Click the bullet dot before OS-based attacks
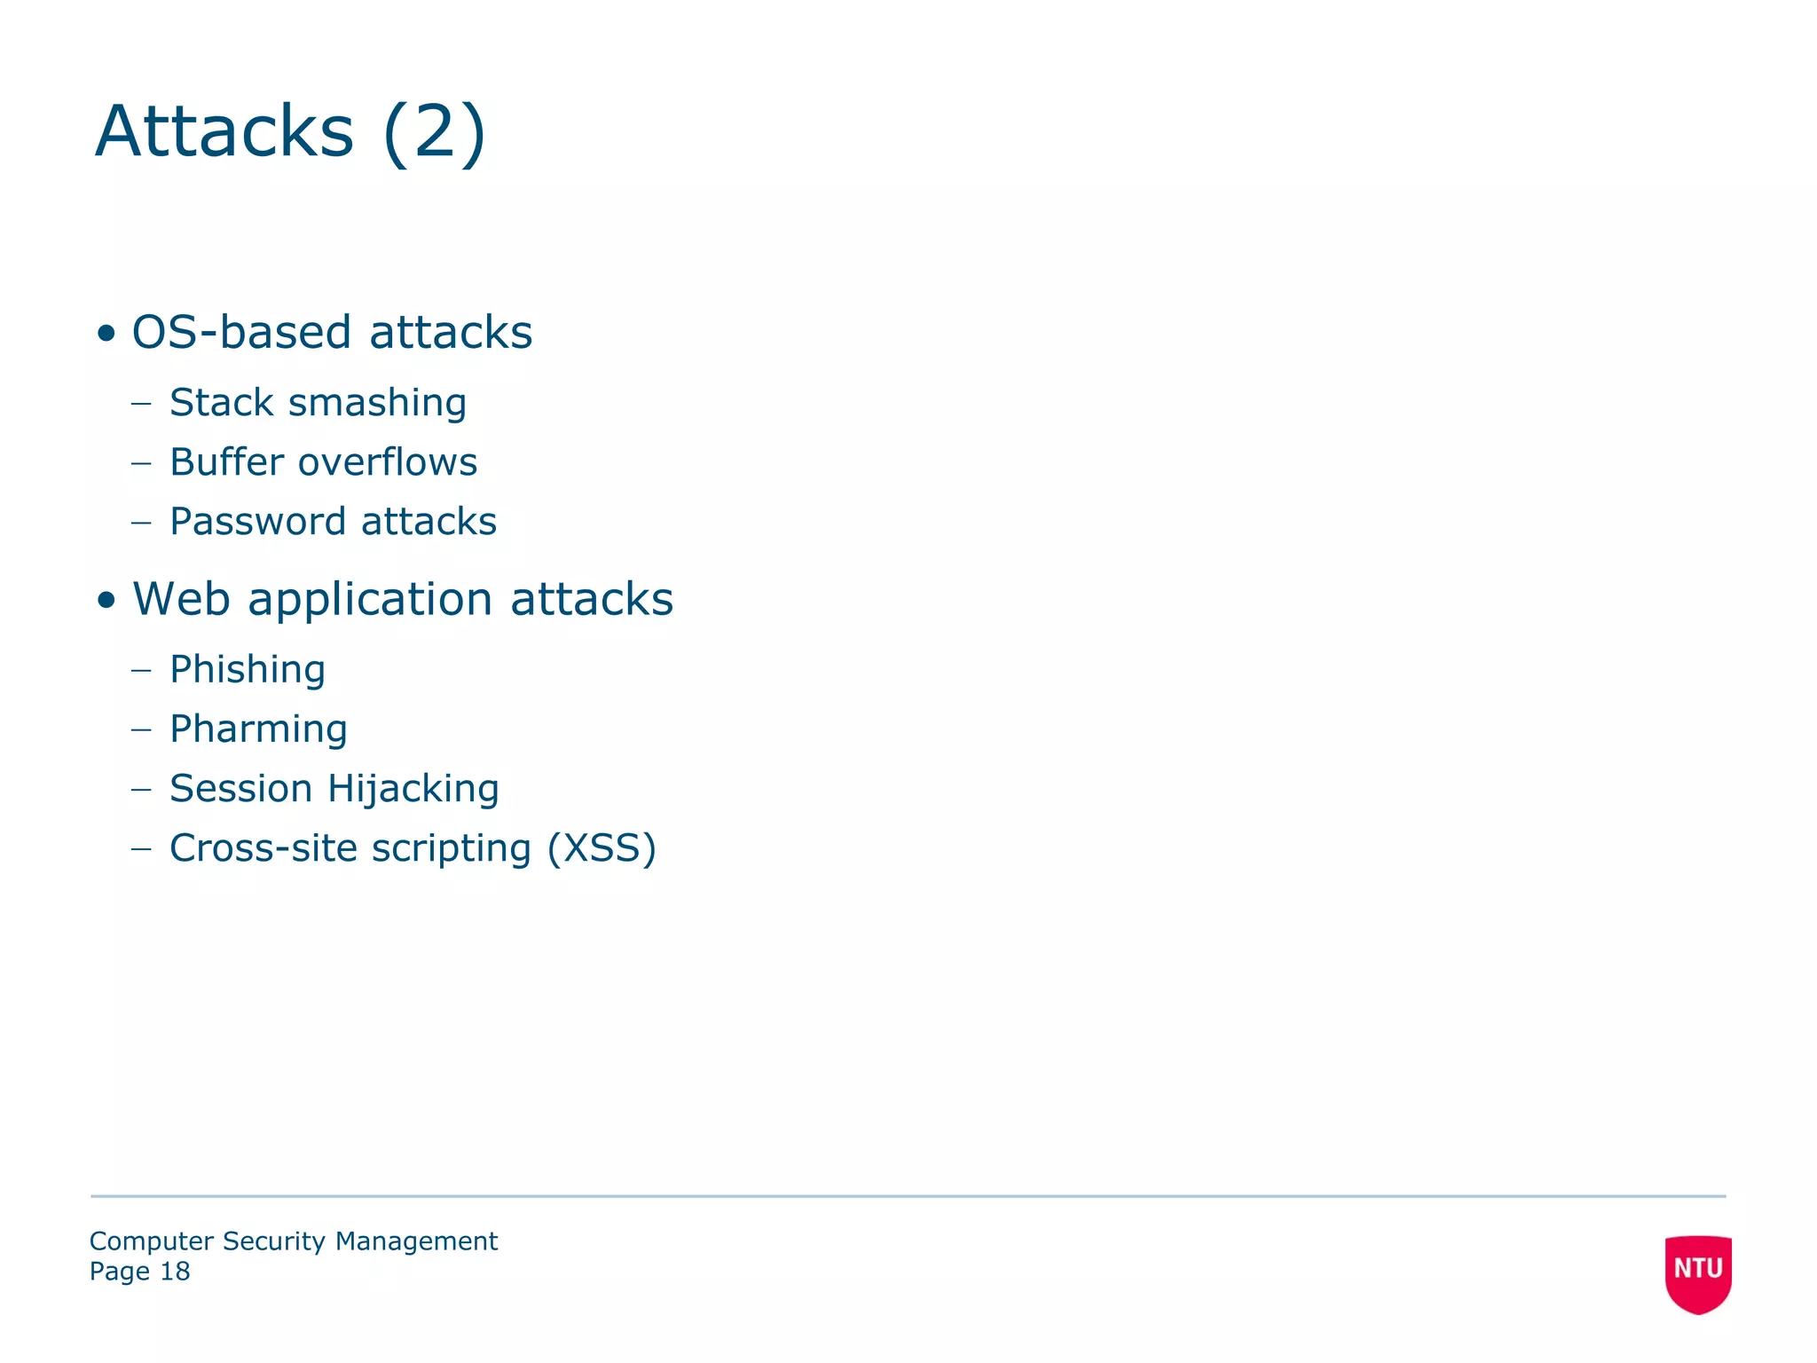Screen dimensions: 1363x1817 click(106, 334)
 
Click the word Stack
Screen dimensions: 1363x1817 click(221, 403)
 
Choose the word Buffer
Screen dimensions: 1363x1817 click(226, 462)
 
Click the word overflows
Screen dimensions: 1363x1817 click(388, 462)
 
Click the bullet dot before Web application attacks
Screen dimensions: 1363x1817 click(106, 601)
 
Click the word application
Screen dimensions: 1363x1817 click(370, 601)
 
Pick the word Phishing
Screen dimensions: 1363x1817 click(248, 670)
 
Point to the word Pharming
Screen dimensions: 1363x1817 click(258, 729)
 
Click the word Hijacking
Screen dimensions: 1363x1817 click(413, 789)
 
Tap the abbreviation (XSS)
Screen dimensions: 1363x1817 click(602, 848)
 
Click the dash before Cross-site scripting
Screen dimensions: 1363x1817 click(141, 848)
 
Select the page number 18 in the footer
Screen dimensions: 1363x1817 click(175, 1272)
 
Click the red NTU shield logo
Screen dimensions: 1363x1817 click(1698, 1273)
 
